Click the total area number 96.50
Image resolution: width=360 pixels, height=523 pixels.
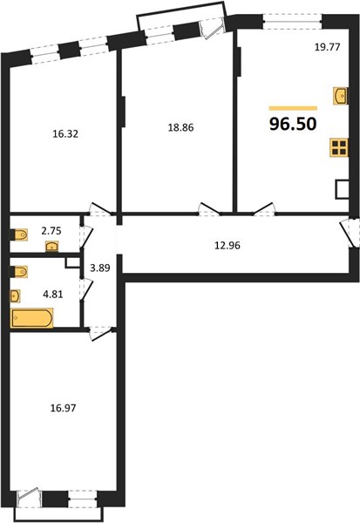(x=293, y=124)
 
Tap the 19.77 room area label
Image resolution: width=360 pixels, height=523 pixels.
(x=327, y=47)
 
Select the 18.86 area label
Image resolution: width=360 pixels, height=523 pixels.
(x=180, y=127)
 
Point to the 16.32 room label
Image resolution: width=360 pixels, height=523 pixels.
(x=65, y=134)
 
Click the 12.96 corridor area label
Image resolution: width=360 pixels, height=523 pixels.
(x=228, y=246)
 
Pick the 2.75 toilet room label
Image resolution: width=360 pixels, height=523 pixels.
(x=51, y=231)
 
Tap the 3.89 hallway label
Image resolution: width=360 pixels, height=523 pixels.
(x=100, y=268)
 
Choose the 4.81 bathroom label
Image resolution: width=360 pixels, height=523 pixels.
(x=53, y=295)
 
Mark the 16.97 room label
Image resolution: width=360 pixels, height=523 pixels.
(x=63, y=408)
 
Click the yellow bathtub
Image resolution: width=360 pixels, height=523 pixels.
(x=31, y=318)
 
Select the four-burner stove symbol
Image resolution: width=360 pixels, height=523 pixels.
(x=339, y=147)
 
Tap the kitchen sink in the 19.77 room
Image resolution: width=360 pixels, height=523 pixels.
(x=341, y=96)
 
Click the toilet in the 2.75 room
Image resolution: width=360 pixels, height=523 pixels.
(x=19, y=234)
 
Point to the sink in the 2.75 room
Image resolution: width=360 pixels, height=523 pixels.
(x=52, y=247)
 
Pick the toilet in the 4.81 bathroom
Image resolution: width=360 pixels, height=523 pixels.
(x=19, y=272)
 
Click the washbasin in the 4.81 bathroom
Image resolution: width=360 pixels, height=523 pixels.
(x=16, y=295)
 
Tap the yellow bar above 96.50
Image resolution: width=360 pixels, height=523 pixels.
(x=293, y=108)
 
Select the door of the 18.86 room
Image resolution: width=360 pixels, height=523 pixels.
(x=209, y=209)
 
